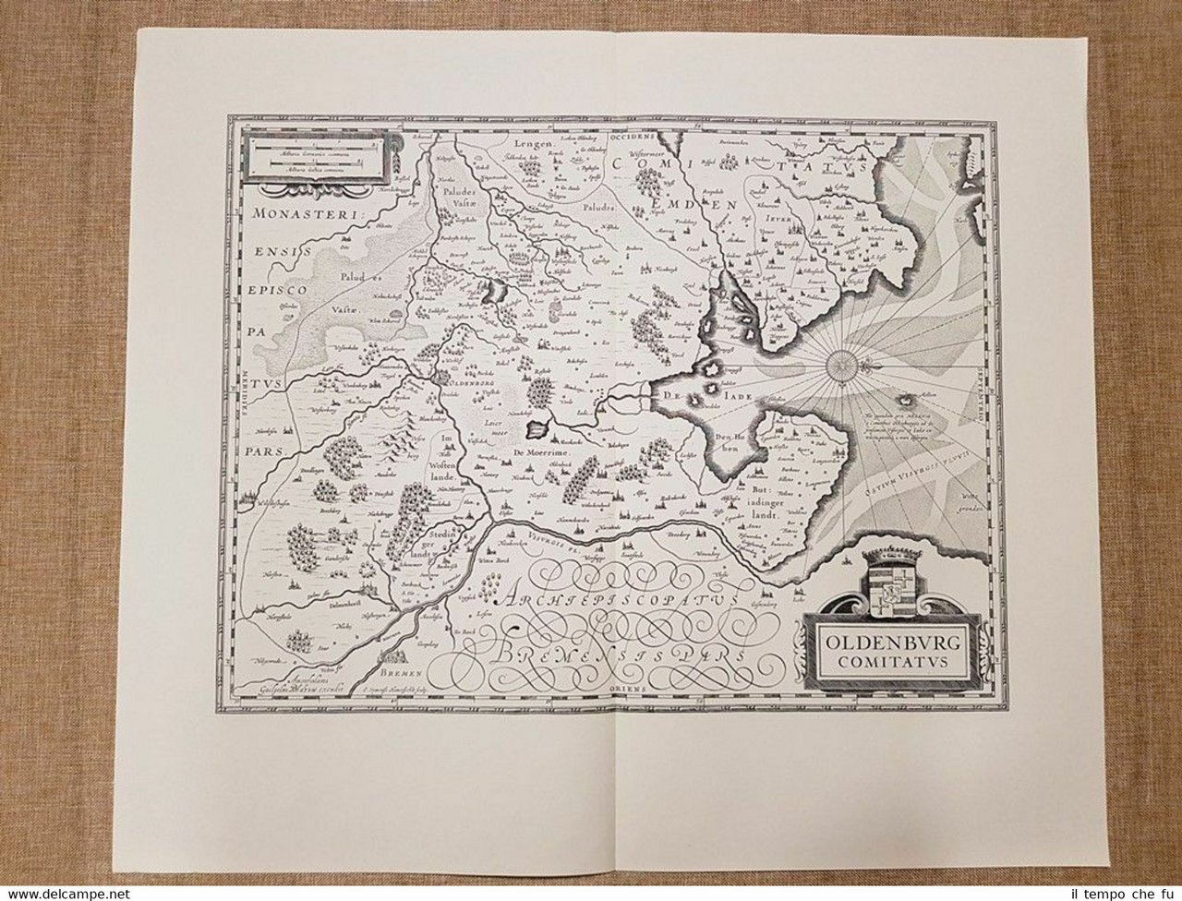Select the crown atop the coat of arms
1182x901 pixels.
[x=887, y=559]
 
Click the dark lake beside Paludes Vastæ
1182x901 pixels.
[x=499, y=290]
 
